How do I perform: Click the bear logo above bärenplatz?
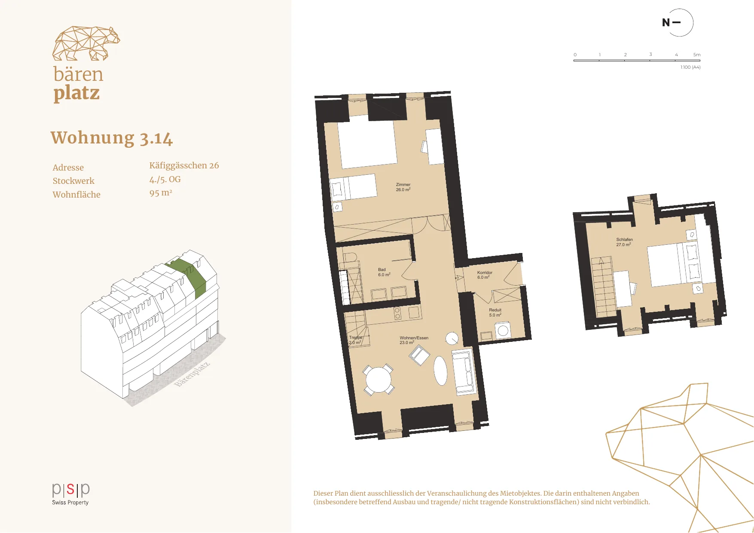click(x=86, y=43)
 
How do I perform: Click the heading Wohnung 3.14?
click(x=112, y=138)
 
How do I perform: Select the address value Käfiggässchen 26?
click(x=184, y=165)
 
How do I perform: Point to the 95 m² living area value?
click(x=161, y=193)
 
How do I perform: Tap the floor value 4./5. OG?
click(x=165, y=179)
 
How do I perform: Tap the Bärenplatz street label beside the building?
click(x=192, y=374)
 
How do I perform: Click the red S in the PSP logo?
click(x=70, y=489)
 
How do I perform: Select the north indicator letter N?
click(x=666, y=22)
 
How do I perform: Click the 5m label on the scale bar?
click(x=697, y=55)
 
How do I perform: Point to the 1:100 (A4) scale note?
click(x=690, y=67)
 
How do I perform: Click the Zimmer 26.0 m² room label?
click(x=403, y=187)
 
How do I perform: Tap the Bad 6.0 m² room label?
click(x=384, y=272)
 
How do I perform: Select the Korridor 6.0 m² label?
click(x=485, y=275)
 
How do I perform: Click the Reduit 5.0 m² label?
click(x=495, y=312)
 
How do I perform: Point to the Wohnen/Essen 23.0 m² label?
click(x=414, y=340)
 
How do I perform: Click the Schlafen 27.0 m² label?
click(x=624, y=242)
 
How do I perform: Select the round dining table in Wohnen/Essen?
click(x=378, y=379)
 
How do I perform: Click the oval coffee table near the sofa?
click(x=440, y=371)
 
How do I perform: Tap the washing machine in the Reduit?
click(x=503, y=331)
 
